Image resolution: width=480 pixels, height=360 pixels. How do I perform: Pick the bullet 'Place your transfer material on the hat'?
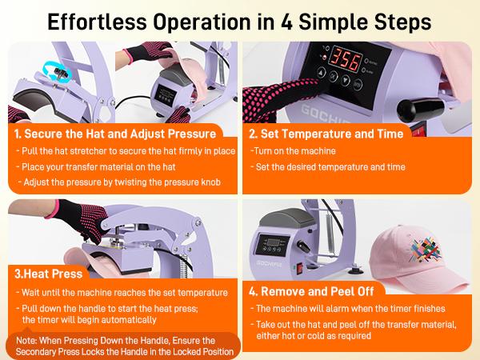coord(103,166)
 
